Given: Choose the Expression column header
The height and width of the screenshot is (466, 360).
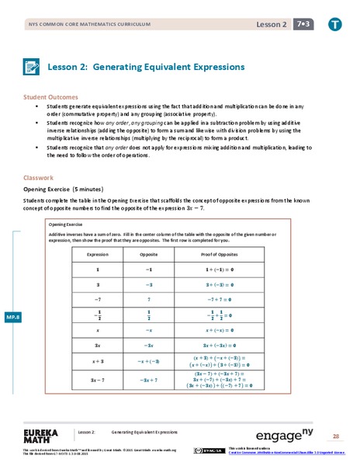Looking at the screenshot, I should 98,254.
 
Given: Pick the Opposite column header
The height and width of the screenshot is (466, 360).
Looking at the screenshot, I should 149,254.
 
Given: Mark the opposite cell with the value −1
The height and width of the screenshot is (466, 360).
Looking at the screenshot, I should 149,269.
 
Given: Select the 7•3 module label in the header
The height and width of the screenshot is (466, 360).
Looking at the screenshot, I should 299,23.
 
